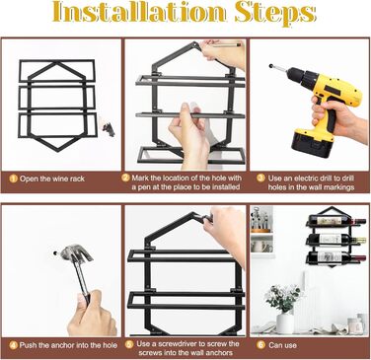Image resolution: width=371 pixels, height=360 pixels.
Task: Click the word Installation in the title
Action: click(x=139, y=12)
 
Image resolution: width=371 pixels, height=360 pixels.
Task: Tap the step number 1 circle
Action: click(x=14, y=179)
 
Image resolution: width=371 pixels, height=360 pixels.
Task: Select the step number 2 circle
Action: click(x=125, y=178)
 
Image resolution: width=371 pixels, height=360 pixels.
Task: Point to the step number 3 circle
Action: click(x=260, y=178)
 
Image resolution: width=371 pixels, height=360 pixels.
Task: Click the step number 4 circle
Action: click(x=14, y=345)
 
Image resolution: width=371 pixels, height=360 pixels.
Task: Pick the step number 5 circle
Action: click(x=129, y=344)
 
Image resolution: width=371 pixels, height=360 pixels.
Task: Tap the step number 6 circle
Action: click(x=260, y=344)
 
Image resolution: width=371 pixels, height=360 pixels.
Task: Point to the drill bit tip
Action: click(x=271, y=66)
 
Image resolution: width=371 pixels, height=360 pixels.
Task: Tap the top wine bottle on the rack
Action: click(x=337, y=220)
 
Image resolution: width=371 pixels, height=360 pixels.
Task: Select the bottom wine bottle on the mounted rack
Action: click(x=337, y=256)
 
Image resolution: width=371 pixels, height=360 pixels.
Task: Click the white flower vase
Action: click(x=285, y=323)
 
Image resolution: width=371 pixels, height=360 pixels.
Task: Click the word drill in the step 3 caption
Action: click(x=347, y=179)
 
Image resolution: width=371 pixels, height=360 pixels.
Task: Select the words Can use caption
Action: click(x=282, y=345)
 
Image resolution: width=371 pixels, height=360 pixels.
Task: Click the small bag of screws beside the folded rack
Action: click(x=109, y=128)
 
